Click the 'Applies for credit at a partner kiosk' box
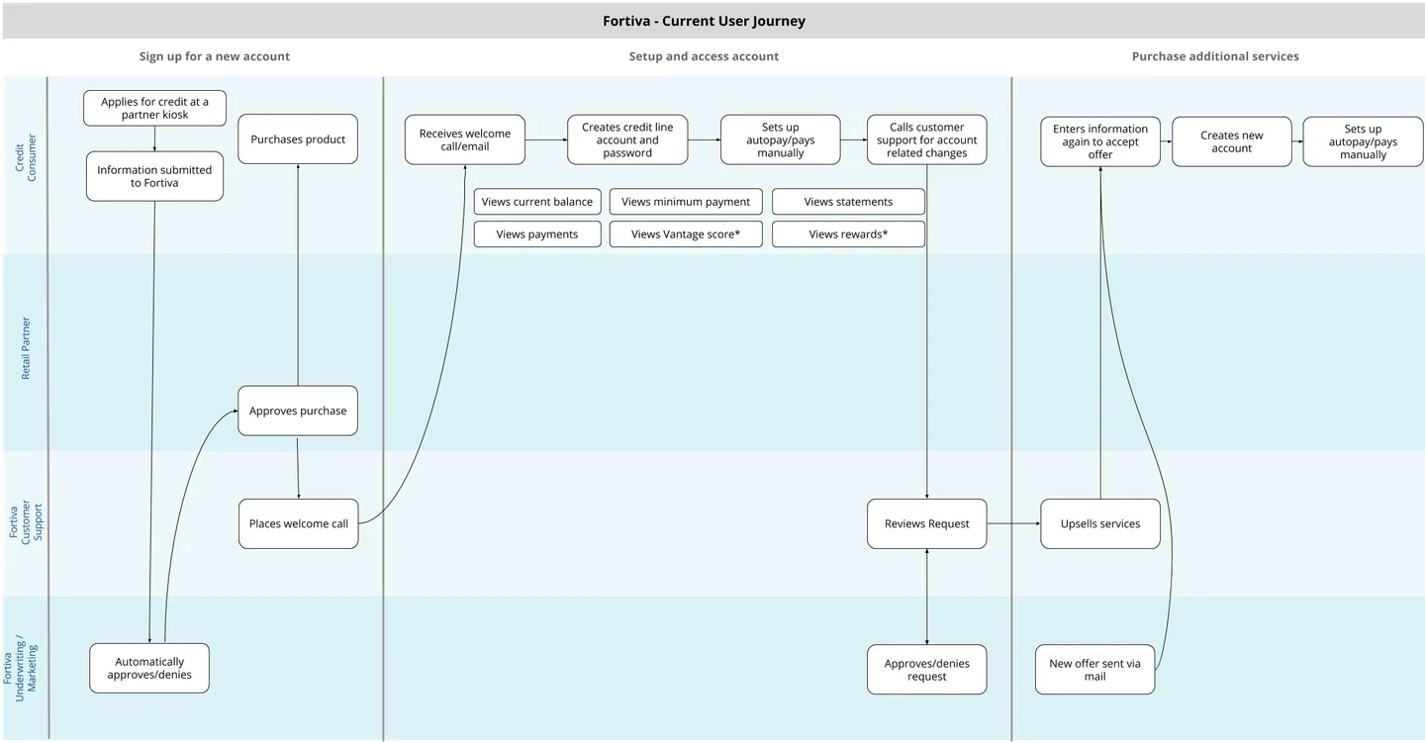[x=154, y=108]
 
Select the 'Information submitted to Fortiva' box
[x=154, y=176]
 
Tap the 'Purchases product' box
[x=298, y=139]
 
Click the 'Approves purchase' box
[x=298, y=411]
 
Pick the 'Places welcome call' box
[x=298, y=523]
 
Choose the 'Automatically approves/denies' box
[x=149, y=669]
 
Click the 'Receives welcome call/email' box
[x=465, y=139]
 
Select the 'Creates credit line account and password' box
[x=627, y=139]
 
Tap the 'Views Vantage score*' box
[x=686, y=234]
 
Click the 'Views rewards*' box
[x=848, y=234]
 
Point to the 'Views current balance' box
[x=537, y=202]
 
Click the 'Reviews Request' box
[x=927, y=523]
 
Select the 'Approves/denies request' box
[x=927, y=670]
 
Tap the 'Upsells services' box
[x=1100, y=523]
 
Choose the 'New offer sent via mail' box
[x=1094, y=670]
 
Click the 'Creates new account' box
[x=1232, y=141]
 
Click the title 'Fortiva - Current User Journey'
[x=704, y=21]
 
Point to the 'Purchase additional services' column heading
[x=1215, y=56]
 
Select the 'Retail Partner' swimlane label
[x=26, y=348]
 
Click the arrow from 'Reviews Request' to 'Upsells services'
[x=1013, y=523]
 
